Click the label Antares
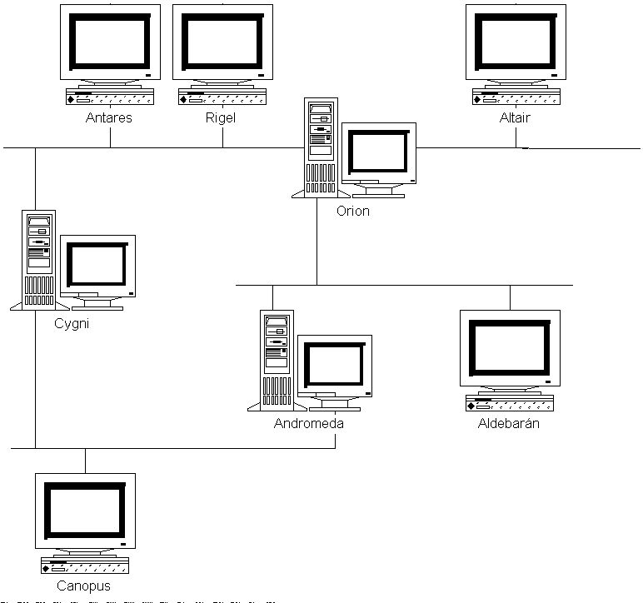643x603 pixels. pos(108,117)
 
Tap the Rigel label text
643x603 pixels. pos(221,118)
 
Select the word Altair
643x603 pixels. pos(515,117)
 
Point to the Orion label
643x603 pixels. pos(353,211)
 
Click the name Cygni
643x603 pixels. pos(72,323)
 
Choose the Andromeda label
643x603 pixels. pos(309,423)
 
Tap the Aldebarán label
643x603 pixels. pos(509,423)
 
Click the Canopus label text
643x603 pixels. pos(83,586)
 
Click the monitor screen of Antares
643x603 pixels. pos(110,42)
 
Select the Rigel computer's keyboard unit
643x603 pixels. pos(222,97)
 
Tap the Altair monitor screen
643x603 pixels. pos(516,42)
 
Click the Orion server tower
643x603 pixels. pos(321,147)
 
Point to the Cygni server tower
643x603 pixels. pos(39,260)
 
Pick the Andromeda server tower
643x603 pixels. pos(277,361)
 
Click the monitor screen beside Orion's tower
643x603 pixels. pos(378,152)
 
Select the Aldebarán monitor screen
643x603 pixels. pos(510,347)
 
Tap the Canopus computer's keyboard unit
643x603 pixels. pos(85,566)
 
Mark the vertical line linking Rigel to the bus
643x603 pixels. pos(222,137)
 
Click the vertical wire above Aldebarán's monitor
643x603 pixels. pos(510,297)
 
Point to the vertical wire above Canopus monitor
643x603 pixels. pos(85,461)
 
